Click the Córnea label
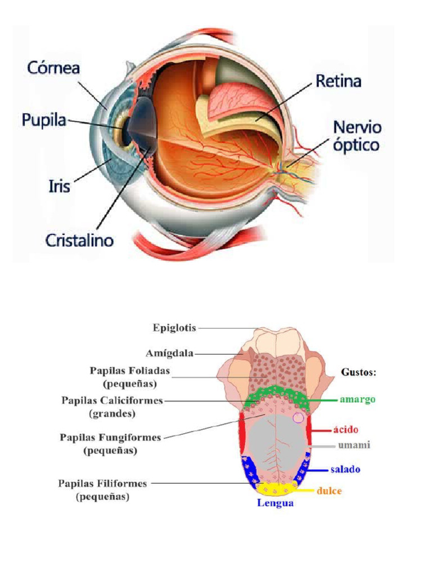[53, 68]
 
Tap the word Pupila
[44, 119]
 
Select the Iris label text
[58, 185]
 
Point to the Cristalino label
[79, 240]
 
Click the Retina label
[338, 82]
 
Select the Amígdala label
[169, 353]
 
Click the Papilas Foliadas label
[129, 376]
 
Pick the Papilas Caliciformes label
[112, 407]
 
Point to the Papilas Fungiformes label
[110, 443]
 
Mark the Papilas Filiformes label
[103, 489]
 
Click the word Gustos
[359, 372]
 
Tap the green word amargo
[357, 399]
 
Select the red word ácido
[346, 430]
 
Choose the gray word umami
[354, 445]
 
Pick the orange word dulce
[329, 490]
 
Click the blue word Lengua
[275, 503]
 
